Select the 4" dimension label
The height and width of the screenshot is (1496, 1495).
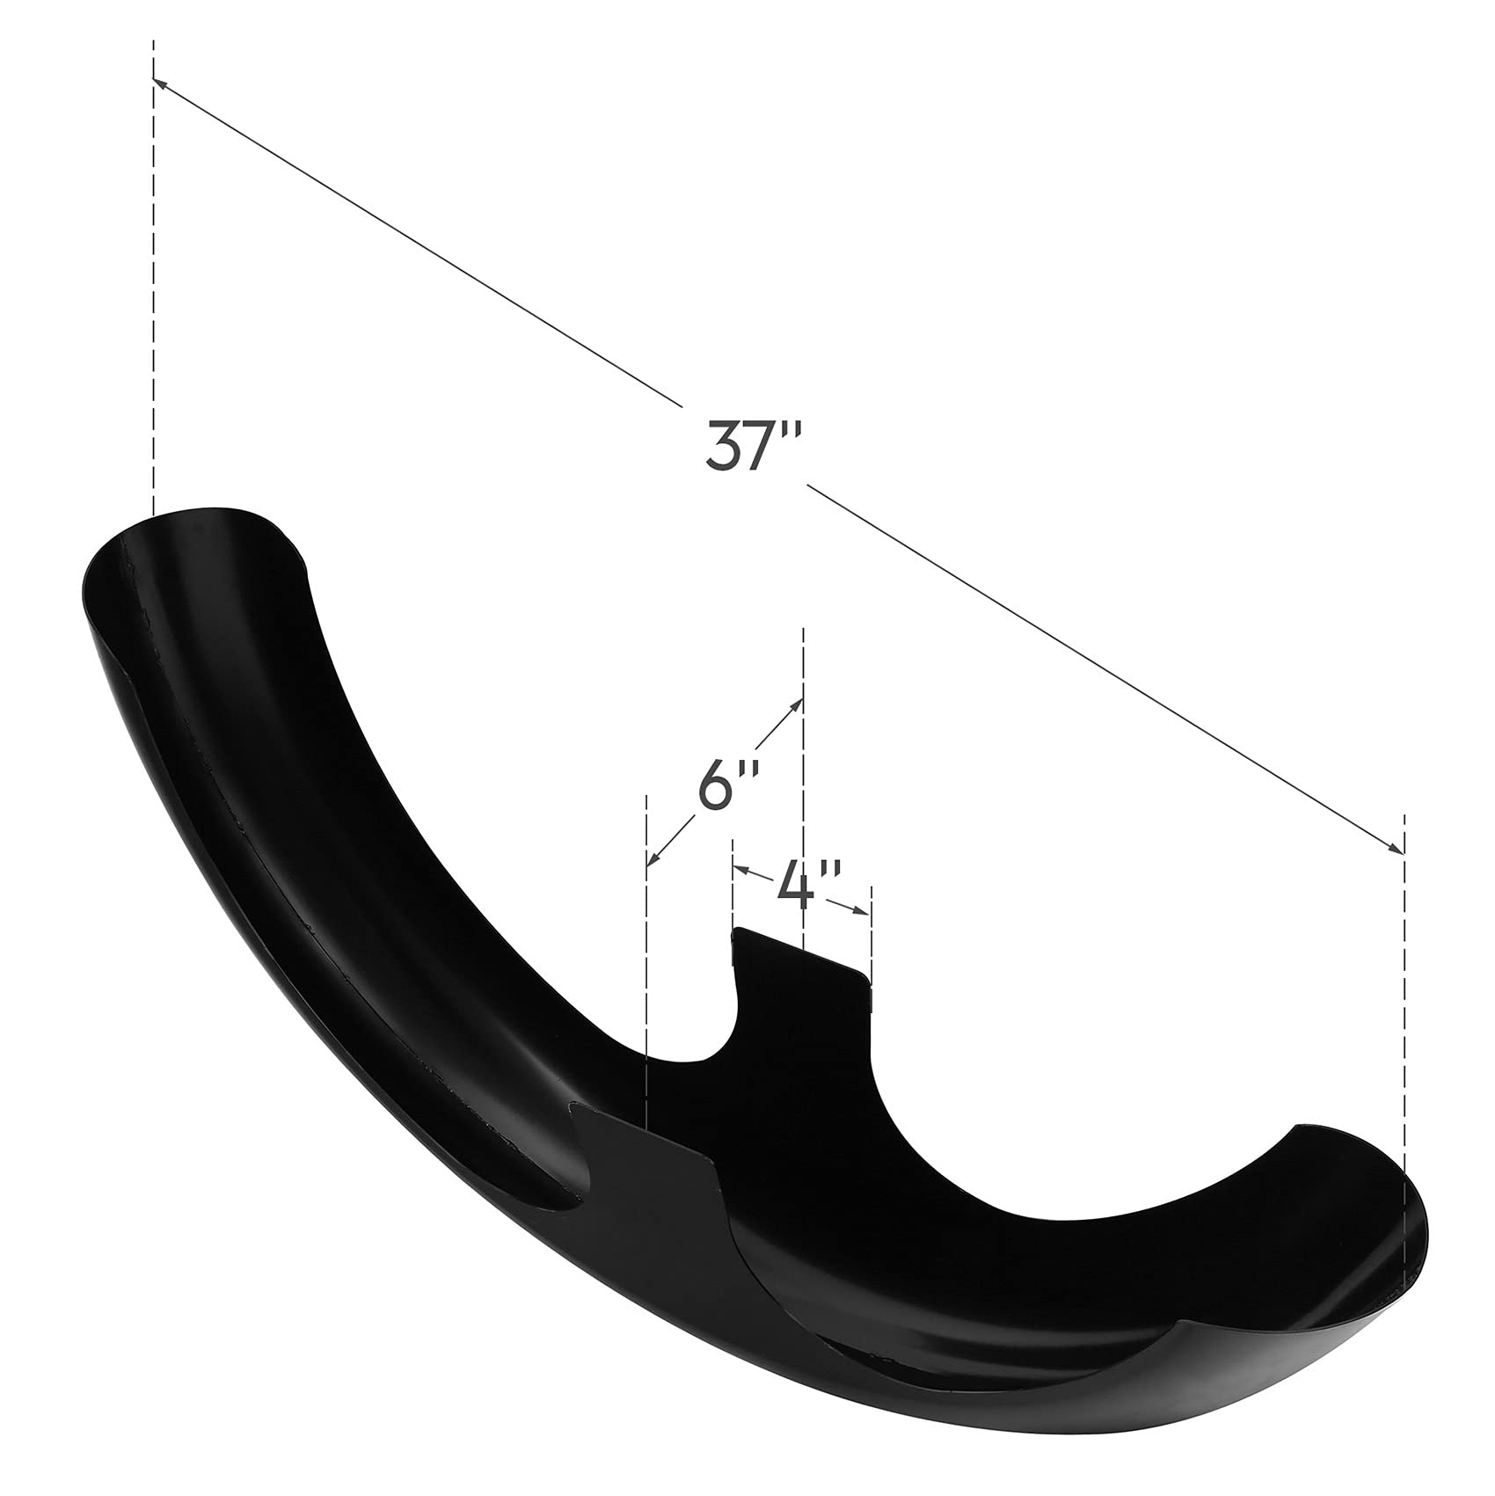coord(809,885)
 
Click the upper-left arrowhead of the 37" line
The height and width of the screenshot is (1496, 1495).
coord(162,84)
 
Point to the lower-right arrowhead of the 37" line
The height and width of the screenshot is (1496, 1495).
coord(1396,848)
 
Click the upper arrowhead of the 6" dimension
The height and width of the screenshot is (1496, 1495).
coord(797,704)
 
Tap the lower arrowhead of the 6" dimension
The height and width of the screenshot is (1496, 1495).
coord(654,857)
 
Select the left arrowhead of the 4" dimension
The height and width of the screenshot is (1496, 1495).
coord(740,870)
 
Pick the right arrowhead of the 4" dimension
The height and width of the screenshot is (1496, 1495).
coord(863,910)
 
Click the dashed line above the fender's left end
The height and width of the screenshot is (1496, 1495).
coord(154,278)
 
